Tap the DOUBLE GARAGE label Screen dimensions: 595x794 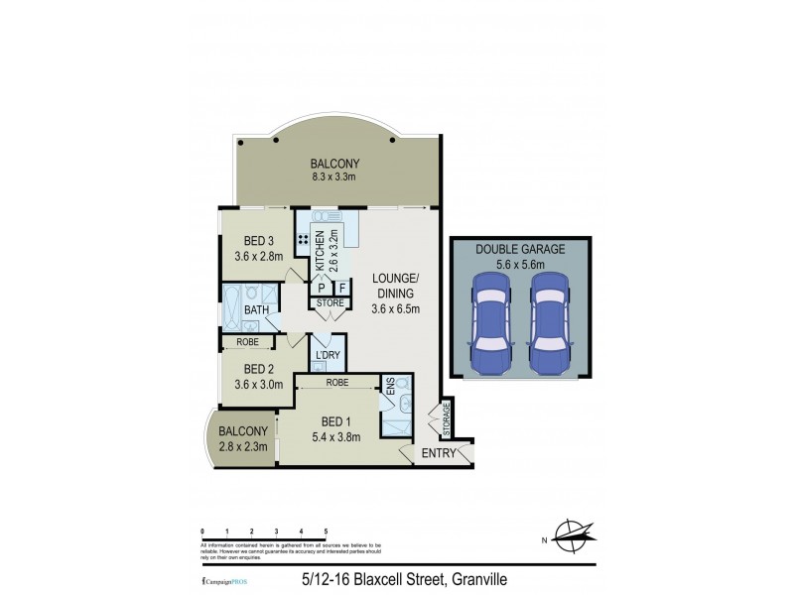point(520,250)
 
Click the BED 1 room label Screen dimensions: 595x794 point(332,421)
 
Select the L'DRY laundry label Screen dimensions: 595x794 point(328,354)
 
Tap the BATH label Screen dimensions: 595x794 point(257,310)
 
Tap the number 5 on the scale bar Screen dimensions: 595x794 point(326,532)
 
